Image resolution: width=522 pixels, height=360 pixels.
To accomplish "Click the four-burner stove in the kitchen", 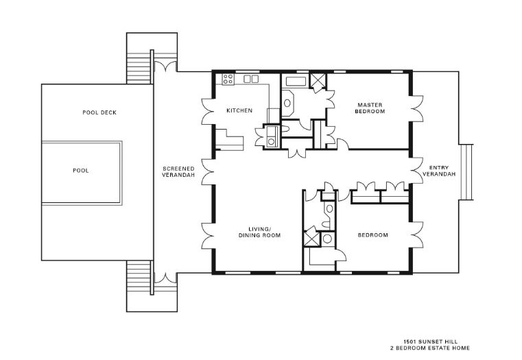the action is (228, 79).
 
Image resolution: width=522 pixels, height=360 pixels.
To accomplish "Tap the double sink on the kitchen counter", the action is (251, 79).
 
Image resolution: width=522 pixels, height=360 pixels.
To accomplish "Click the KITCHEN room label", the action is (239, 110).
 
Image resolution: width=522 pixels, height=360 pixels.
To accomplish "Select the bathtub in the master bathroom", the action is (296, 82).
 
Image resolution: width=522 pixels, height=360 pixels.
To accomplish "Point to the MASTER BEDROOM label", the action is (370, 108).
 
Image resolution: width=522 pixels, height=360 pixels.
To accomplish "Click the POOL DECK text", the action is (99, 112).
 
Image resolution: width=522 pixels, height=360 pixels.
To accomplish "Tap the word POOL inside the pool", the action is (81, 171).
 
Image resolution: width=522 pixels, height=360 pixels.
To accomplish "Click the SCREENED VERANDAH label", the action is (178, 171).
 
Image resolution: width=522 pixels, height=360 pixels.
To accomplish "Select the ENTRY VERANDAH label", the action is (439, 171).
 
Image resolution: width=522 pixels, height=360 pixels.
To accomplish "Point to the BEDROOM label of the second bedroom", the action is (373, 235).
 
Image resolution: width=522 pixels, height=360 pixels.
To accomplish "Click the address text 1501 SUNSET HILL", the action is (431, 341).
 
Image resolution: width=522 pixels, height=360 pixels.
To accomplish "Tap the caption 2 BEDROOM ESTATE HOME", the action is (431, 348).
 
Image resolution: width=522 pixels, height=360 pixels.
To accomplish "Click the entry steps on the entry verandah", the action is (466, 172).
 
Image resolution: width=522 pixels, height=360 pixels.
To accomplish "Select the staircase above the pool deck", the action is (139, 67).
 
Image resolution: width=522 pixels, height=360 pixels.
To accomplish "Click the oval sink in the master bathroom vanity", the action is (287, 103).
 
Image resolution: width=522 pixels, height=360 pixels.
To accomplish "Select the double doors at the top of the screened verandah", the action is (166, 66).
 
